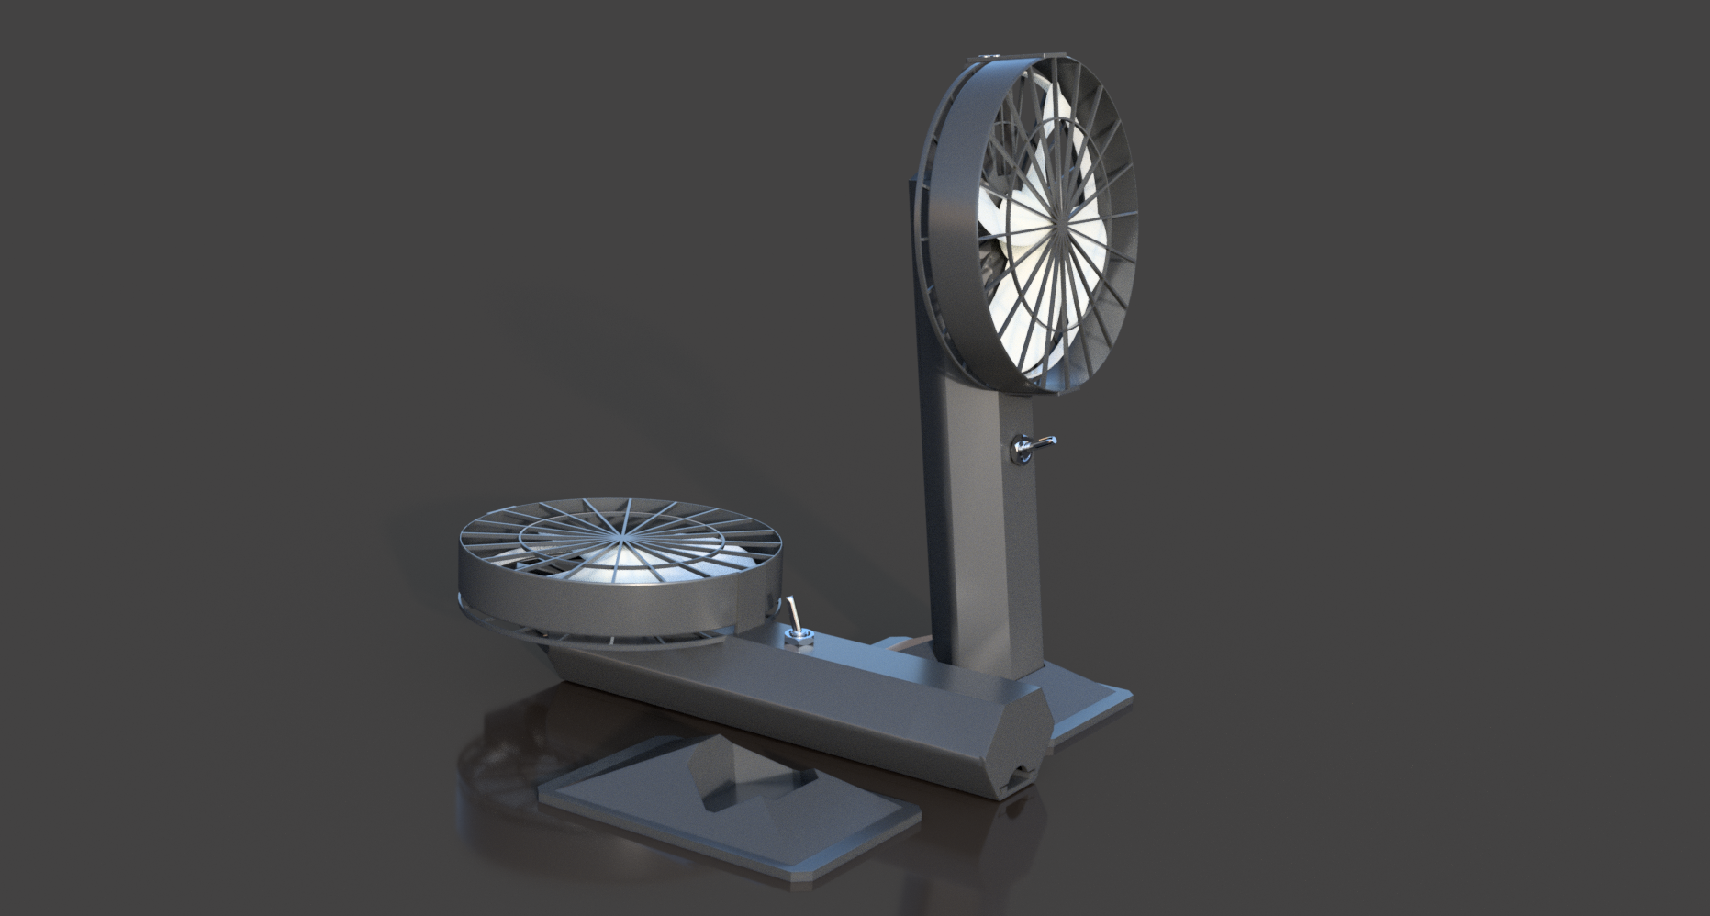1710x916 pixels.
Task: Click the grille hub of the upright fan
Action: (1061, 221)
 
